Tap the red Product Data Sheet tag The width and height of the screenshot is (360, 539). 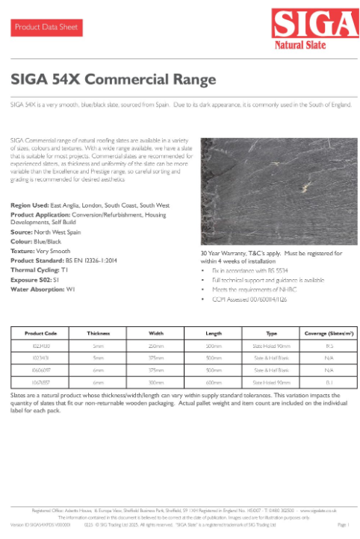pyautogui.click(x=43, y=28)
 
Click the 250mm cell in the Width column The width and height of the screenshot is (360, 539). pyautogui.click(x=156, y=346)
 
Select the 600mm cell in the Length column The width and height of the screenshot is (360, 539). pyautogui.click(x=214, y=381)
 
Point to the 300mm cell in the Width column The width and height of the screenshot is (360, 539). pyautogui.click(x=156, y=381)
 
